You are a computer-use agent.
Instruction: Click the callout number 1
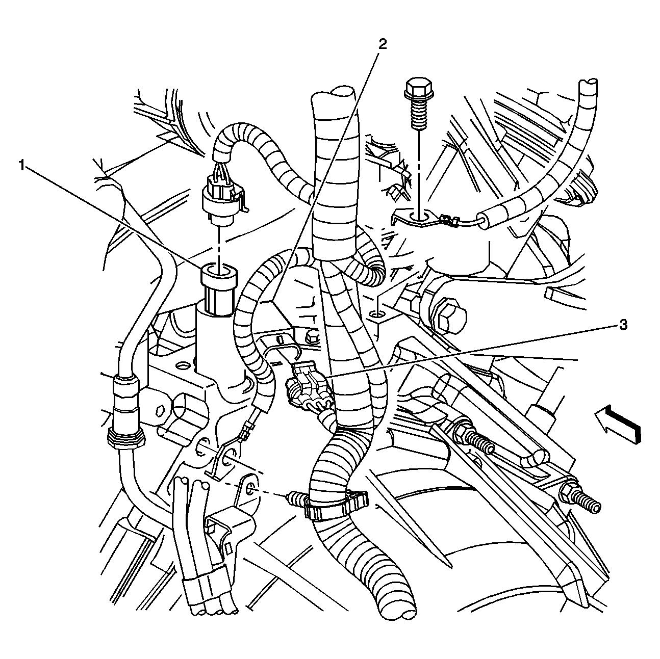[x=22, y=166]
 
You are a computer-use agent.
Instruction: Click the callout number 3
[x=623, y=325]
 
